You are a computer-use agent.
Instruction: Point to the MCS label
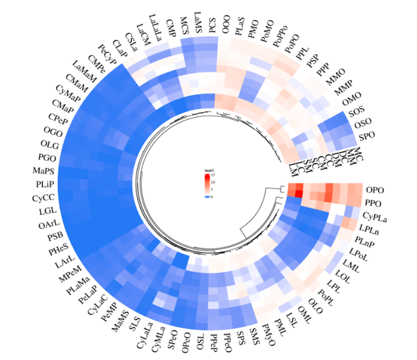(x=183, y=25)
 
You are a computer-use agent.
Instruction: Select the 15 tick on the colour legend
(x=213, y=176)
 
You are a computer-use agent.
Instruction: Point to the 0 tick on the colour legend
(x=212, y=197)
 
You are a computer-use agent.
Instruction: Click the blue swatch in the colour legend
(x=206, y=197)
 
